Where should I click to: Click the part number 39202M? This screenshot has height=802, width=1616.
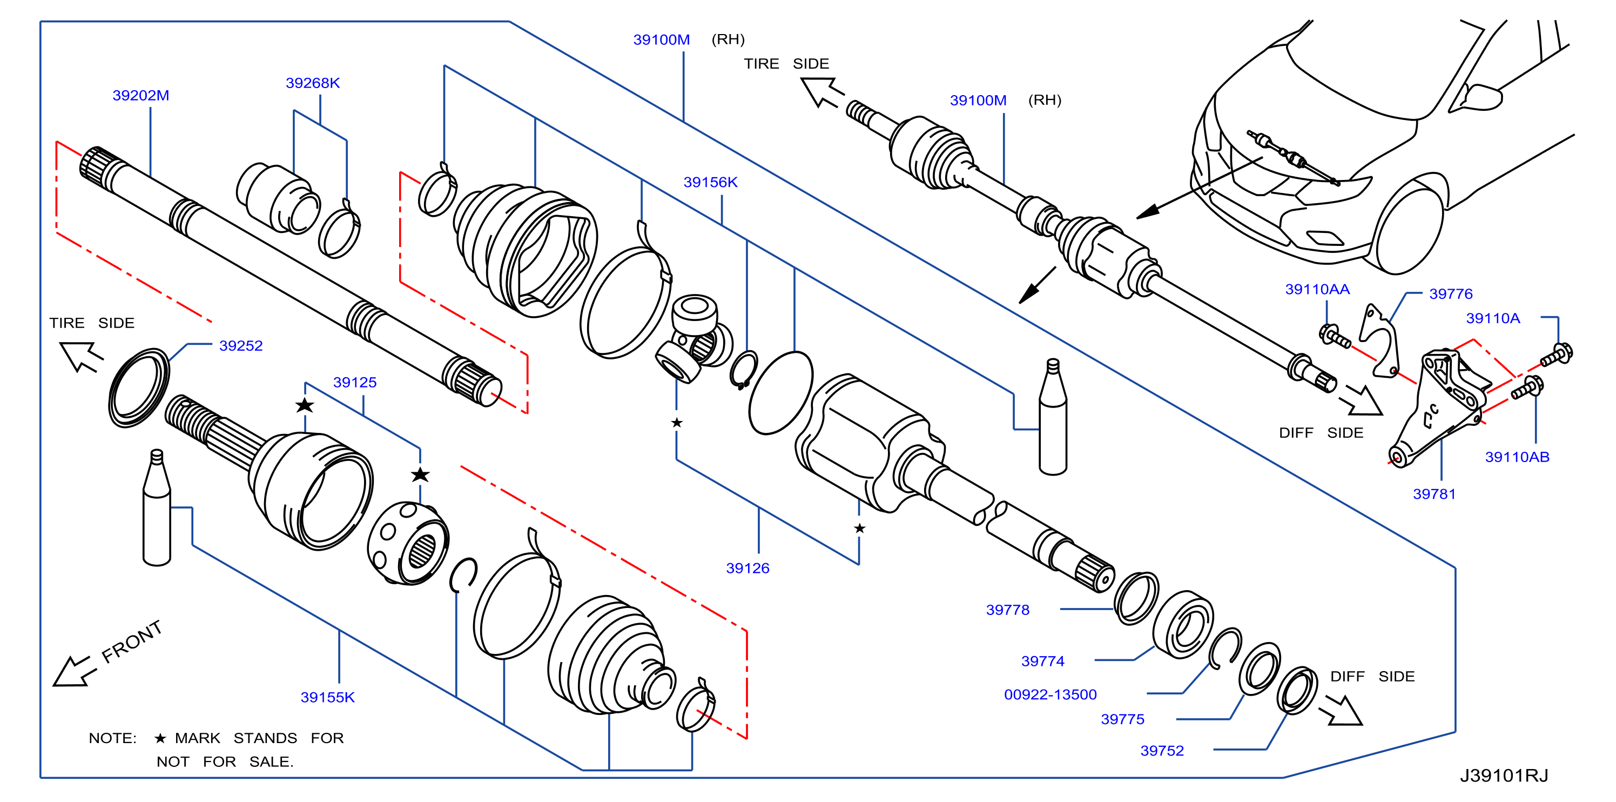pyautogui.click(x=140, y=96)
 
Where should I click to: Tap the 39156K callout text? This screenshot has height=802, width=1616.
pyautogui.click(x=710, y=182)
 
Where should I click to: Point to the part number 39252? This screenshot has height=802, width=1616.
pyautogui.click(x=240, y=346)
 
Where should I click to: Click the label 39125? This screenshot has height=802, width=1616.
pyautogui.click(x=354, y=382)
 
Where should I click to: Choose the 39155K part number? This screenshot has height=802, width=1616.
pyautogui.click(x=327, y=697)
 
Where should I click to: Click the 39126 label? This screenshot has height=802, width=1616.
pyautogui.click(x=747, y=568)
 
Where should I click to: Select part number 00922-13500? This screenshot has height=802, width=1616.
pyautogui.click(x=1050, y=694)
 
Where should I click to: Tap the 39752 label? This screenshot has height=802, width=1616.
pyautogui.click(x=1162, y=751)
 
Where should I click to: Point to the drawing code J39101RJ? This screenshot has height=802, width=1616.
pyautogui.click(x=1504, y=776)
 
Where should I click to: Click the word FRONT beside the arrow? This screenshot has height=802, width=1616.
pyautogui.click(x=132, y=641)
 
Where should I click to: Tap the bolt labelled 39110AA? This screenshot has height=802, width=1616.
pyautogui.click(x=1334, y=336)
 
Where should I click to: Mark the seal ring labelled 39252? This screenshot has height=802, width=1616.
pyautogui.click(x=139, y=388)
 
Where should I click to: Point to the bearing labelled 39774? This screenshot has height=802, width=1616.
pyautogui.click(x=1182, y=624)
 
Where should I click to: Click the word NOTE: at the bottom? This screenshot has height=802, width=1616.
pyautogui.click(x=112, y=738)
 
